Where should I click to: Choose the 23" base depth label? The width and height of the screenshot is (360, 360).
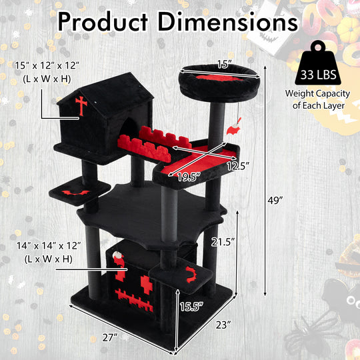tap(224, 326)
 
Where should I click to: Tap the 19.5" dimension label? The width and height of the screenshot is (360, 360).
tap(188, 176)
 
